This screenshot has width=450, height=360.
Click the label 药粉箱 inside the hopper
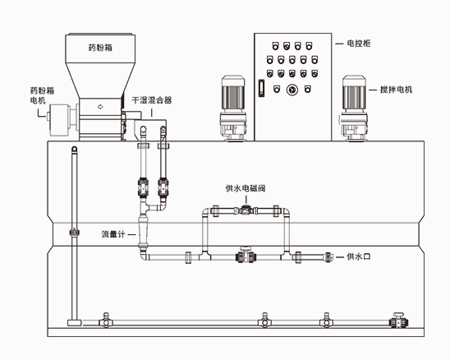pyautogui.click(x=100, y=47)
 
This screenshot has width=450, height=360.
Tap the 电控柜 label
pyautogui.click(x=359, y=44)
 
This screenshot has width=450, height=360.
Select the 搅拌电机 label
pyautogui.click(x=396, y=90)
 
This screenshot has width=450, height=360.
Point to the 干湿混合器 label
pyautogui.click(x=152, y=100)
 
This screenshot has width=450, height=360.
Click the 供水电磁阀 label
pyautogui.click(x=246, y=188)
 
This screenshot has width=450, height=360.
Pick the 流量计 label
pyautogui.click(x=113, y=234)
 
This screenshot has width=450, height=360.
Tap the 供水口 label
pyautogui.click(x=359, y=256)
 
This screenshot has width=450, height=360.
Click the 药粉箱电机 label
pyautogui.click(x=42, y=95)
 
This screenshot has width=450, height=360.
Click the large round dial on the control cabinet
pyautogui.click(x=292, y=90)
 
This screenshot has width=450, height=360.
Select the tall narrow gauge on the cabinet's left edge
pyautogui.click(x=261, y=88)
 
